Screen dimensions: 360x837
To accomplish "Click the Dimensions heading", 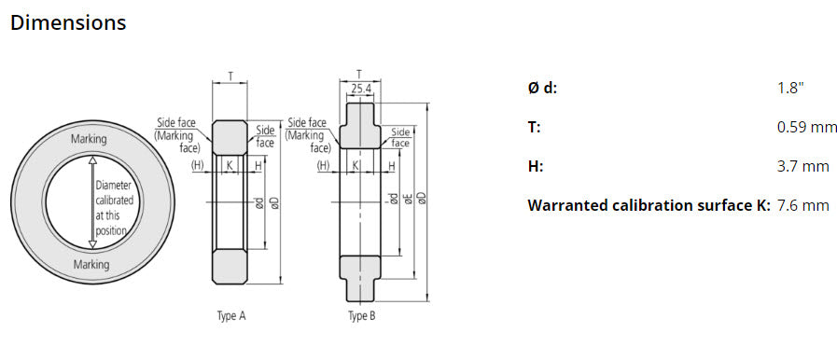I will click(68, 22).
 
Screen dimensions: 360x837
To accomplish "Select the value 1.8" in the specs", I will click(789, 88).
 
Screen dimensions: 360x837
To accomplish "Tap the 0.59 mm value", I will click(806, 127).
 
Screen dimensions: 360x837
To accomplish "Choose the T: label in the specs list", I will click(534, 127).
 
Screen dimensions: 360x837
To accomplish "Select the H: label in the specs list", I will click(535, 166).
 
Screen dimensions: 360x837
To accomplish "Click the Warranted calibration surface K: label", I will click(649, 205).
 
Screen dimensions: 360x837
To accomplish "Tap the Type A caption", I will click(230, 316).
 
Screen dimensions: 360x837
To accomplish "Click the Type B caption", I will click(361, 316).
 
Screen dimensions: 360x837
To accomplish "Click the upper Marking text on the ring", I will click(90, 139).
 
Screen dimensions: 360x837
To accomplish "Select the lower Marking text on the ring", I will click(91, 264).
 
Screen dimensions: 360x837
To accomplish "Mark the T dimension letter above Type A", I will click(230, 76).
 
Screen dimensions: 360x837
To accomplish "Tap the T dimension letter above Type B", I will click(359, 74).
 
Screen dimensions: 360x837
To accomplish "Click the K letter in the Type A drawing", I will click(229, 165).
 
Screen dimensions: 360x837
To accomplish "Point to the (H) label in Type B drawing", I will click(324, 165).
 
